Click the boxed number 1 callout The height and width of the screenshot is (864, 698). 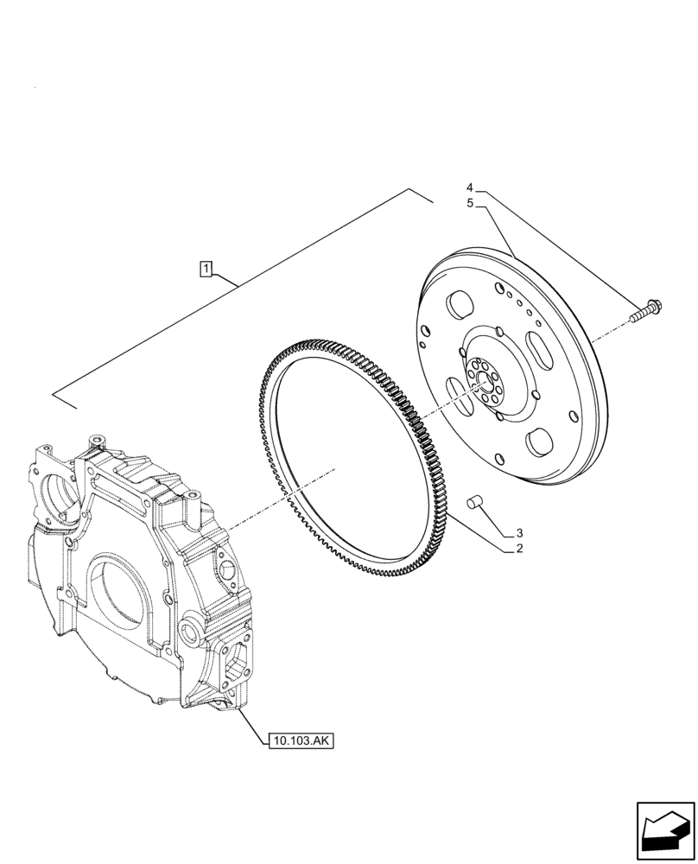click(206, 269)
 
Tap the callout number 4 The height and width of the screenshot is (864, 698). click(470, 187)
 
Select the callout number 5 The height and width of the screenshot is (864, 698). click(470, 203)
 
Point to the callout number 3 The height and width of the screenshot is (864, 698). click(519, 533)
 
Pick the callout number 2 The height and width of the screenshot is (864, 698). click(519, 549)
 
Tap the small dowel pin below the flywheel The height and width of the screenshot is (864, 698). click(473, 499)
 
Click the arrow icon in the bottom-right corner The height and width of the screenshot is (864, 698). click(665, 831)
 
